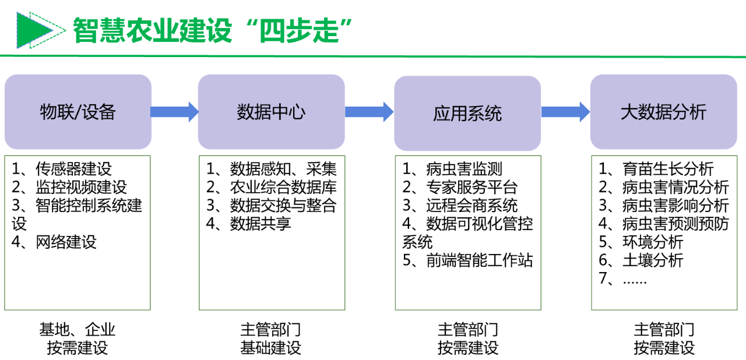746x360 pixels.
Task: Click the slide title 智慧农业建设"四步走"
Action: pos(213,30)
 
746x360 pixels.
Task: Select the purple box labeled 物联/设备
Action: pos(78,112)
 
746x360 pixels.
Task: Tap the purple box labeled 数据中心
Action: pos(271,112)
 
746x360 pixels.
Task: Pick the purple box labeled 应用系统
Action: pos(467,114)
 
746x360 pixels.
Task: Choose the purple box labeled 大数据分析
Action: pos(663,112)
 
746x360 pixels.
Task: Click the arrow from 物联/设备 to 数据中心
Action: pos(174,111)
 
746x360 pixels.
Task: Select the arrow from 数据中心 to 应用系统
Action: pos(369,111)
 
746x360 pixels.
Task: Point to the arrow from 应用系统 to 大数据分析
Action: pos(565,111)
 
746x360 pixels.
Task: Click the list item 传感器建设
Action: pos(73,170)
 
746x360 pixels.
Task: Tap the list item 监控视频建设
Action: pos(81,188)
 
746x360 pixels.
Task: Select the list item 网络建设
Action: pos(66,242)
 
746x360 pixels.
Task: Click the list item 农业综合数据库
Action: pos(283,188)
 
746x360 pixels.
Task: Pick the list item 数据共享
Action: pos(261,224)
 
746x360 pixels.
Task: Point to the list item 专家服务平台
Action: pos(471,188)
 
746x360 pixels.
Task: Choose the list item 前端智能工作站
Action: pos(479,260)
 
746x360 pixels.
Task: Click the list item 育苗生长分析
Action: pos(668,170)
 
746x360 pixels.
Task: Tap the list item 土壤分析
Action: pos(653,260)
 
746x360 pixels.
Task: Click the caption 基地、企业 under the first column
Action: pos(78,330)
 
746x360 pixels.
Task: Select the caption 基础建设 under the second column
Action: pos(271,348)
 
